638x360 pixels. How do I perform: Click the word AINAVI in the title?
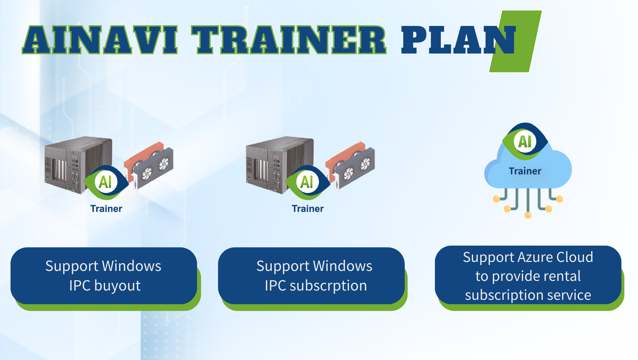click(x=100, y=40)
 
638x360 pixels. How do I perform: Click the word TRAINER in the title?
click(x=289, y=40)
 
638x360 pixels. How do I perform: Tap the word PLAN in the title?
click(x=459, y=40)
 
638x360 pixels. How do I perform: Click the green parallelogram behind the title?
click(x=515, y=41)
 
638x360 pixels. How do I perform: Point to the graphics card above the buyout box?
click(x=149, y=166)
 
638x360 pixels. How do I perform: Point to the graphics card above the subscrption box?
click(x=350, y=166)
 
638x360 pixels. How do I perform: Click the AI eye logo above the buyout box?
click(x=106, y=182)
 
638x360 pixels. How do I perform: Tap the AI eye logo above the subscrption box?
click(x=307, y=182)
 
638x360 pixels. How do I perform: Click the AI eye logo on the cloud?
click(x=525, y=141)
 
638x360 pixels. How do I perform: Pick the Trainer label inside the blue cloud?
click(x=525, y=171)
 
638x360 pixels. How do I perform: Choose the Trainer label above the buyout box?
click(x=106, y=209)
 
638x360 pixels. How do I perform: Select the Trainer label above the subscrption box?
click(x=308, y=209)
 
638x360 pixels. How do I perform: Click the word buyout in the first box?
click(x=117, y=286)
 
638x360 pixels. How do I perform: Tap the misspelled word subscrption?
click(x=328, y=286)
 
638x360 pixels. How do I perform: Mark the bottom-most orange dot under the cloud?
click(x=528, y=215)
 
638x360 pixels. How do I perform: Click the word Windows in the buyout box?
click(x=132, y=266)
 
